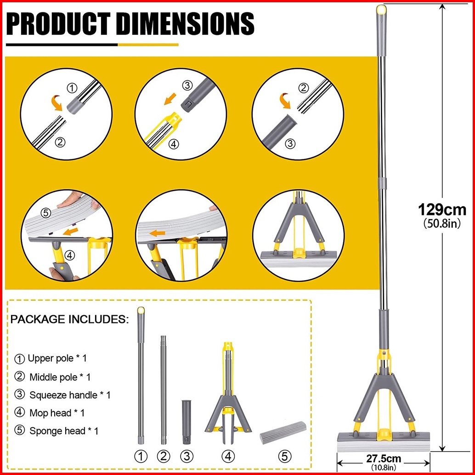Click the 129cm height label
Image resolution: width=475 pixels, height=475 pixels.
point(441,210)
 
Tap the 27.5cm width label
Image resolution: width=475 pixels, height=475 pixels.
point(384,458)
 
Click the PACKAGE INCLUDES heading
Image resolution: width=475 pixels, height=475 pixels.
point(69,319)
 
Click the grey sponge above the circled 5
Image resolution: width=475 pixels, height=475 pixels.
point(280,434)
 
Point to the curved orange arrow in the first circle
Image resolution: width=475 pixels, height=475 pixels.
point(57,103)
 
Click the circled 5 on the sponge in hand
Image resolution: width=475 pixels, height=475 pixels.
point(45,213)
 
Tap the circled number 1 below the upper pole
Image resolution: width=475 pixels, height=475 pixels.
point(141,456)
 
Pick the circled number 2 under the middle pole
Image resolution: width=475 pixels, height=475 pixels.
point(163,456)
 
